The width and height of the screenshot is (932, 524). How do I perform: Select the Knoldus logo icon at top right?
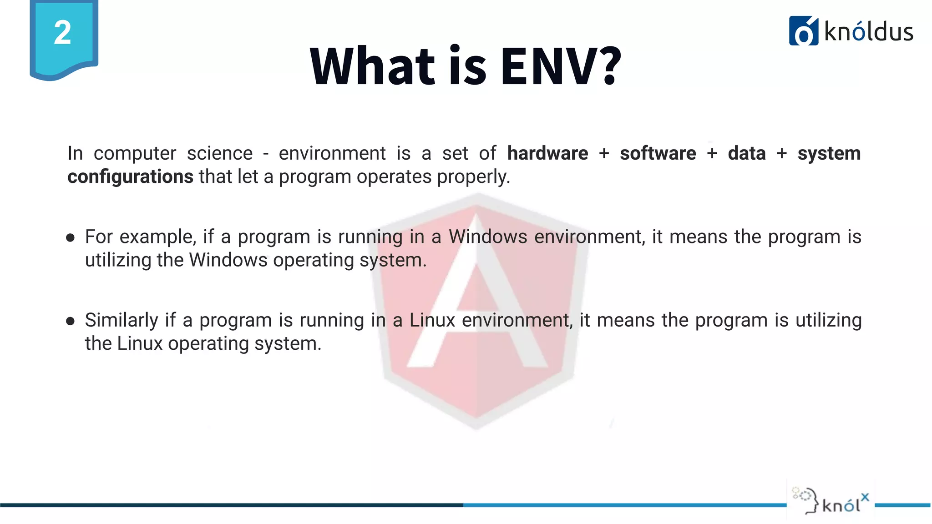click(x=803, y=31)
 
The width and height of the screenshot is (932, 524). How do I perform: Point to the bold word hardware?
click(x=547, y=153)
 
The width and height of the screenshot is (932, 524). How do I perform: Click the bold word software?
click(x=658, y=153)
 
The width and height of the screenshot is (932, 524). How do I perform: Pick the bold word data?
click(x=747, y=153)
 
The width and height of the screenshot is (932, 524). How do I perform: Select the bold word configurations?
click(x=130, y=176)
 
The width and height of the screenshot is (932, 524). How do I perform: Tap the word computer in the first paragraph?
click(x=135, y=154)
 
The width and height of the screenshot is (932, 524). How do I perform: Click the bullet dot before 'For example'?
click(x=70, y=237)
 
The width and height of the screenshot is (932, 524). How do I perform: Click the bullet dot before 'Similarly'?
click(x=70, y=321)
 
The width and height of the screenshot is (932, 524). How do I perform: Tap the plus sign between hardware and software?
click(x=604, y=154)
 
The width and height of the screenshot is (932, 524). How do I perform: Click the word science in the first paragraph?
click(x=220, y=153)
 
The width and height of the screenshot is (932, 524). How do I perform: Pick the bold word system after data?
click(x=829, y=154)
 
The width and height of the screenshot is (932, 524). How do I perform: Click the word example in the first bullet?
click(x=158, y=237)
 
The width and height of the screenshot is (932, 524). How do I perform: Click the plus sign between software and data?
click(x=712, y=154)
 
